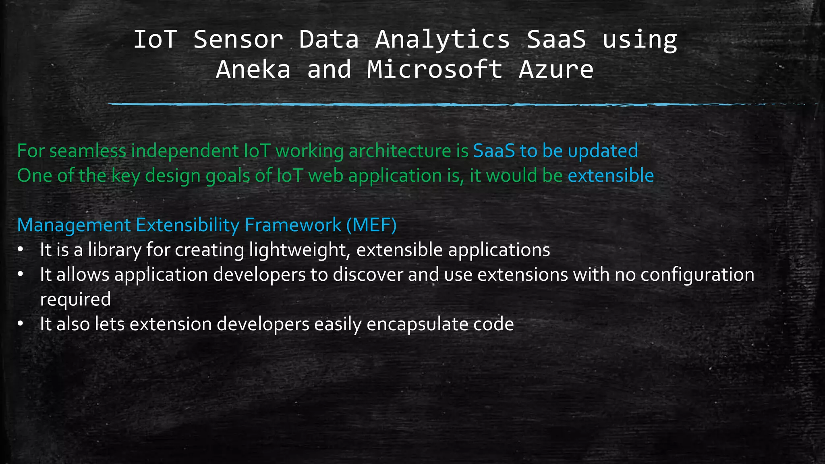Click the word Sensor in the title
[x=238, y=39]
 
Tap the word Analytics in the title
[x=442, y=40]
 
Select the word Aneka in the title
[x=253, y=69]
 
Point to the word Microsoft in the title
[x=435, y=69]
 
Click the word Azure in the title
[x=556, y=69]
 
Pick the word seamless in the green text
[x=87, y=151]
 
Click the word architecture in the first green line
[x=400, y=151]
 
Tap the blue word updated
[x=603, y=151]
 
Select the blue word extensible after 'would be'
[x=610, y=176]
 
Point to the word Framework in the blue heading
[x=293, y=225]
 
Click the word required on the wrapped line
[x=75, y=300]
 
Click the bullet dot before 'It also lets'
[x=21, y=324]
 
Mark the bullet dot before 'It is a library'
[x=21, y=250]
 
